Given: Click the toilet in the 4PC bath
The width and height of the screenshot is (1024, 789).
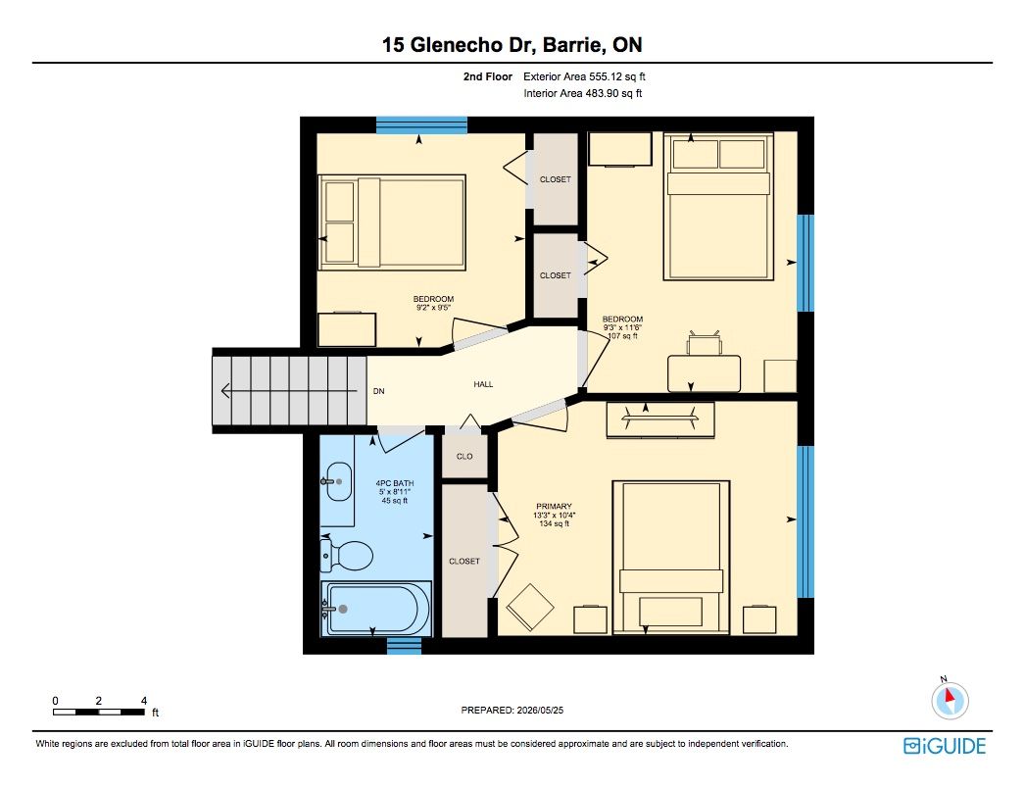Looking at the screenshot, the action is click(x=347, y=556).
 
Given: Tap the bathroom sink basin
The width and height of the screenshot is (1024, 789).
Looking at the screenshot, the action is click(x=338, y=481).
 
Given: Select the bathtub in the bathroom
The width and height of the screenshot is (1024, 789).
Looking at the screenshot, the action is click(x=375, y=609).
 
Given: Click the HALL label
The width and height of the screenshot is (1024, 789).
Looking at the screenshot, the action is click(x=483, y=384).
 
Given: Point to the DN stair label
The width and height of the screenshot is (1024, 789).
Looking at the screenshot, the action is click(x=379, y=391).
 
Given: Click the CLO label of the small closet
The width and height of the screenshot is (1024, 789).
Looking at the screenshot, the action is click(x=464, y=456).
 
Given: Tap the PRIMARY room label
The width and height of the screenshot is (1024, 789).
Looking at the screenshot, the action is click(x=554, y=506).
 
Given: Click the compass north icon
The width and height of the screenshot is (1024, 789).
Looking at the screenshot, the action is click(x=950, y=700).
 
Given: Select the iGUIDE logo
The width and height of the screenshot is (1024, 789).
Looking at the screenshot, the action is click(x=945, y=746).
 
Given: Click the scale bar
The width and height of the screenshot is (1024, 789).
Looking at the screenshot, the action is click(x=99, y=712).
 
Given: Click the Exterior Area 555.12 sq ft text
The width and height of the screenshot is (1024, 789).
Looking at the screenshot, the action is click(x=584, y=76).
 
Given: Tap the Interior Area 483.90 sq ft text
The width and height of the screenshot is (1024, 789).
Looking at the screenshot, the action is click(x=582, y=93).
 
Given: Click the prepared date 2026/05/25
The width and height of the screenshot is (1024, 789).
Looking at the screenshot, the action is click(x=540, y=710).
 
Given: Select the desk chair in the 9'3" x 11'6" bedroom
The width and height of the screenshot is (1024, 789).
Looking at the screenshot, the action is click(x=704, y=342).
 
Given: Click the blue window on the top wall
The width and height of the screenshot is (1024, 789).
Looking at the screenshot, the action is click(x=421, y=124).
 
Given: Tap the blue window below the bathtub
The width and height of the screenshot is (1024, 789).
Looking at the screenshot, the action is click(x=405, y=646).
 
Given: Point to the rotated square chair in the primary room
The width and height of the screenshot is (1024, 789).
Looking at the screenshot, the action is click(x=530, y=606).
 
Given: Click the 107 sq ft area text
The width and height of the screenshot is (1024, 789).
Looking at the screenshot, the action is click(x=622, y=336).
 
